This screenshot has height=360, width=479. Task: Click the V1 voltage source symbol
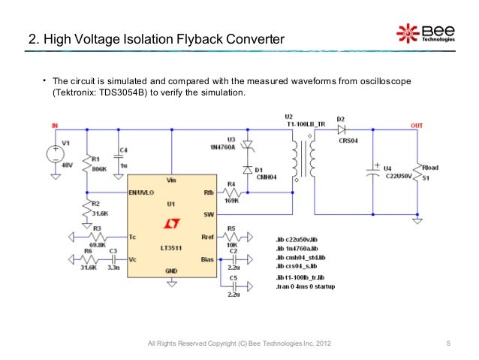[56, 155]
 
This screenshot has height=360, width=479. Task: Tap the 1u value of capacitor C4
[123, 165]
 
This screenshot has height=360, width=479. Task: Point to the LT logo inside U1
[170, 223]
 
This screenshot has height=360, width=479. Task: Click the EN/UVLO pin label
[142, 192]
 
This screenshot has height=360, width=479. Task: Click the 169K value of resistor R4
[232, 201]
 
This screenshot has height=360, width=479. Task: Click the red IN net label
[54, 125]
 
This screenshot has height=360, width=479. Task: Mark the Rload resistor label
[432, 168]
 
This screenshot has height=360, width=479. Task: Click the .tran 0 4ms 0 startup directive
[306, 286]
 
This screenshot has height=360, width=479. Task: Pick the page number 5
[447, 344]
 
